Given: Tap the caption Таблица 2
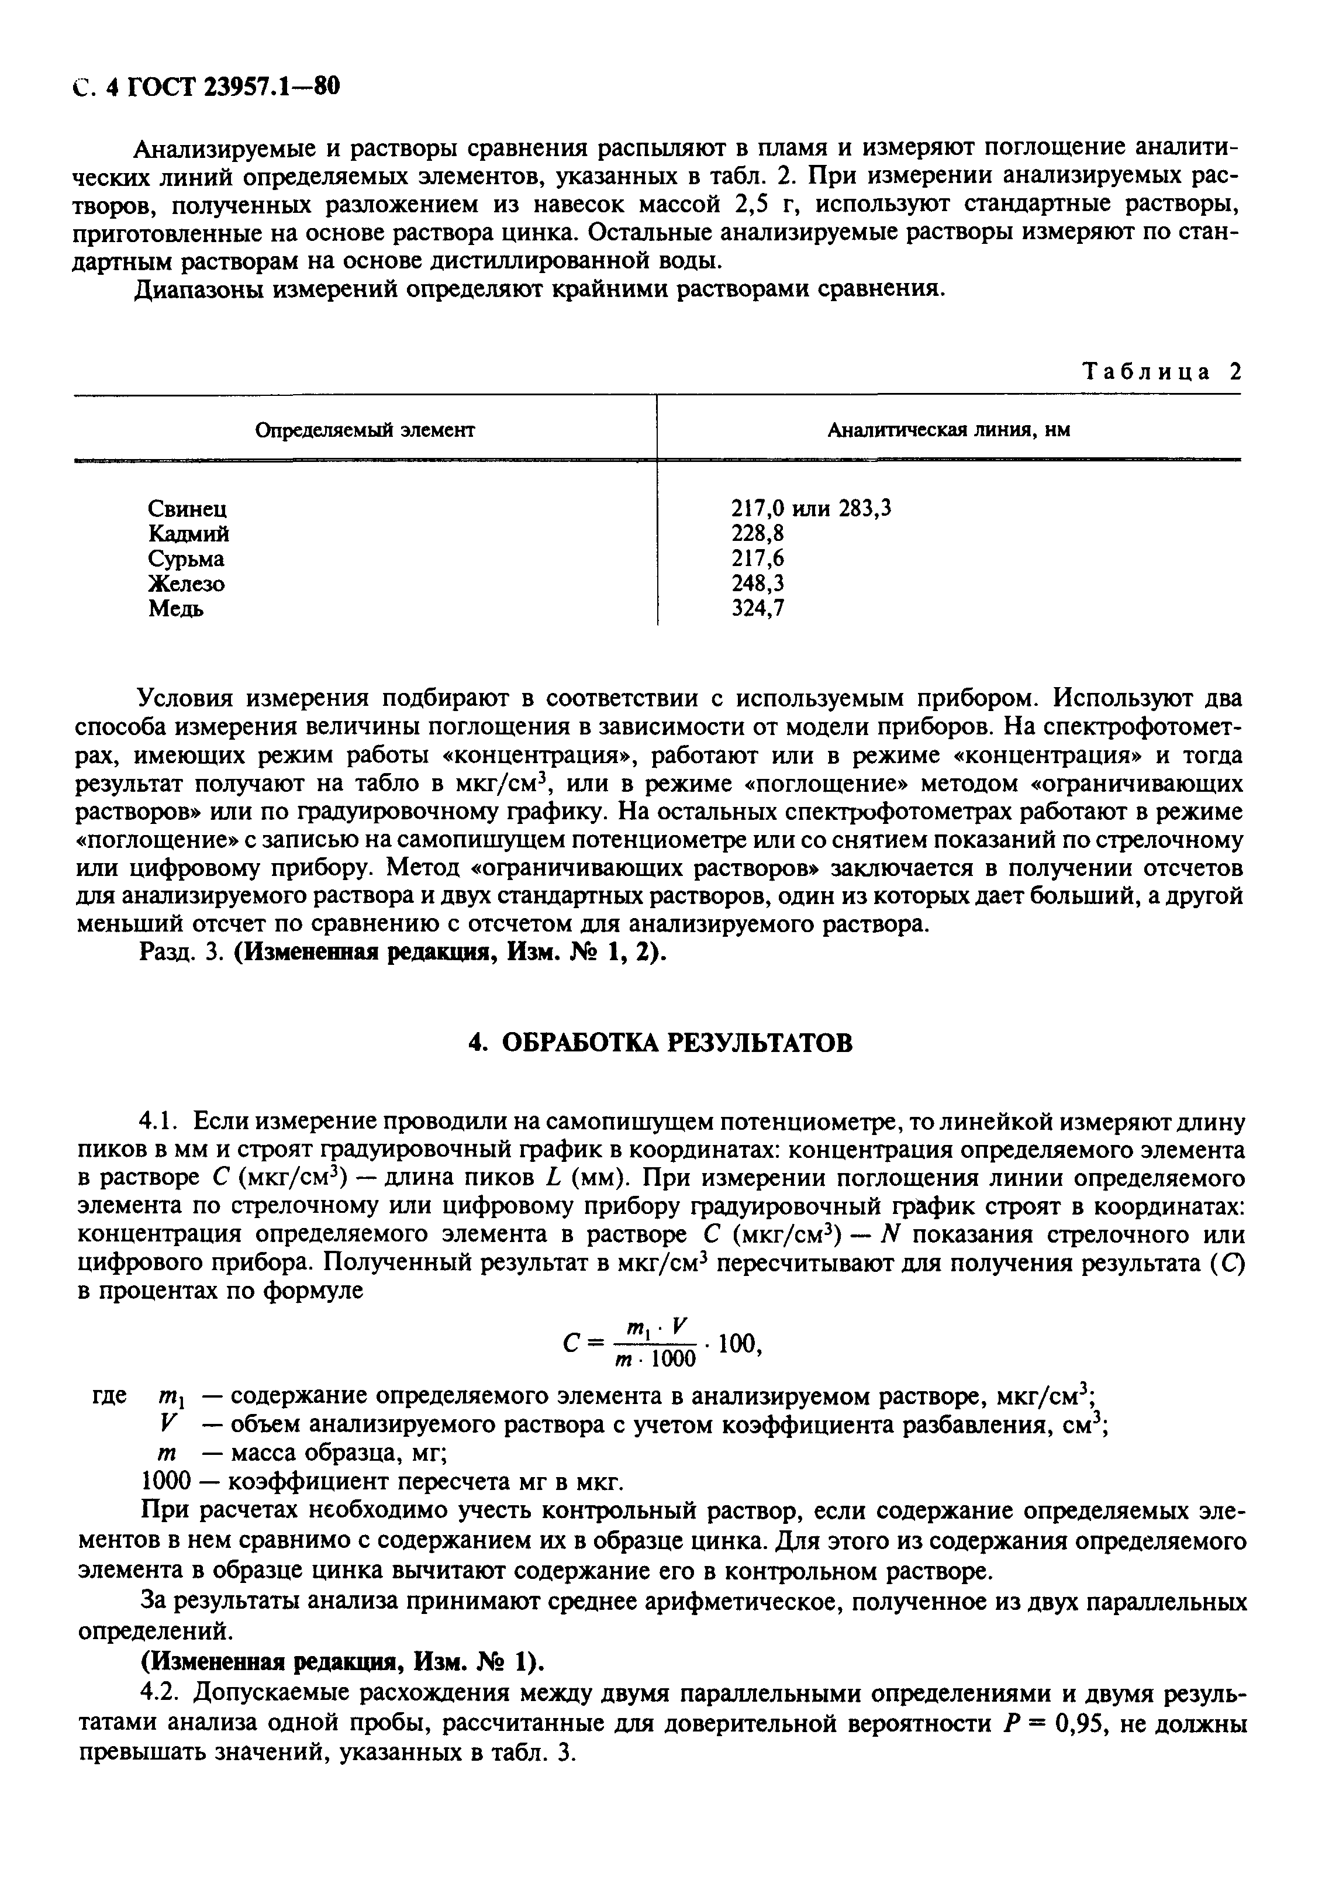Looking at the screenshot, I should click(1163, 372).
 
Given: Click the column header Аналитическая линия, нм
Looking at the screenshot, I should click(948, 430).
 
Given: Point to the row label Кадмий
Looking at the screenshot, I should click(189, 533).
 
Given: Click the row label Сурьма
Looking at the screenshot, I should click(187, 559).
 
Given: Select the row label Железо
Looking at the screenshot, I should click(187, 584).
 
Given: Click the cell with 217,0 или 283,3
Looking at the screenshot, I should click(811, 508).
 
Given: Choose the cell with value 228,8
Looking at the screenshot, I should click(758, 533).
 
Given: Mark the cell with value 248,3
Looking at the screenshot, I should click(758, 584).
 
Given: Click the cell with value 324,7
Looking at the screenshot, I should click(758, 609).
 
